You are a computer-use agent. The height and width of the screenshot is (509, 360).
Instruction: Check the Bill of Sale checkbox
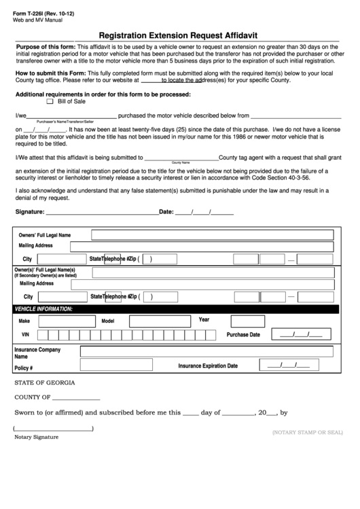coord(50,101)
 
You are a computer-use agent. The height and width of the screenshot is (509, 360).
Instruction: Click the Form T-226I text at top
coord(43,14)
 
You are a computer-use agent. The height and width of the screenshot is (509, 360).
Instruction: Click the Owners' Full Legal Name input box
coord(212,234)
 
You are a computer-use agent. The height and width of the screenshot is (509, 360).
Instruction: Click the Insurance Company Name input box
coord(206,352)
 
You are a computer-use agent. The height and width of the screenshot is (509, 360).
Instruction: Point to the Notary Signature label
coord(36,437)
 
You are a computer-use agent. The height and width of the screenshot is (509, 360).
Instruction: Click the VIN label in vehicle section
coord(26,335)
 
